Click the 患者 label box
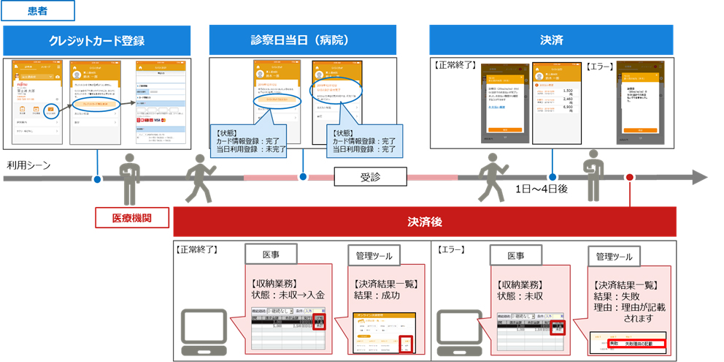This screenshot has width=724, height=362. tap(38, 11)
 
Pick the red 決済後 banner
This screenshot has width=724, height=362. tap(424, 222)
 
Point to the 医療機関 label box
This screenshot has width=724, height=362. tap(132, 217)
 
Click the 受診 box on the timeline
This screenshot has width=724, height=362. tap(369, 177)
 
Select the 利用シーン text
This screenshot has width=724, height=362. tap(28, 165)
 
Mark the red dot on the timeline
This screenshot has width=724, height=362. tap(629, 177)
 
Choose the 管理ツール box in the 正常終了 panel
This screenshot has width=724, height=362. tap(370, 256)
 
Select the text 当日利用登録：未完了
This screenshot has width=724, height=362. tap(248, 149)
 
